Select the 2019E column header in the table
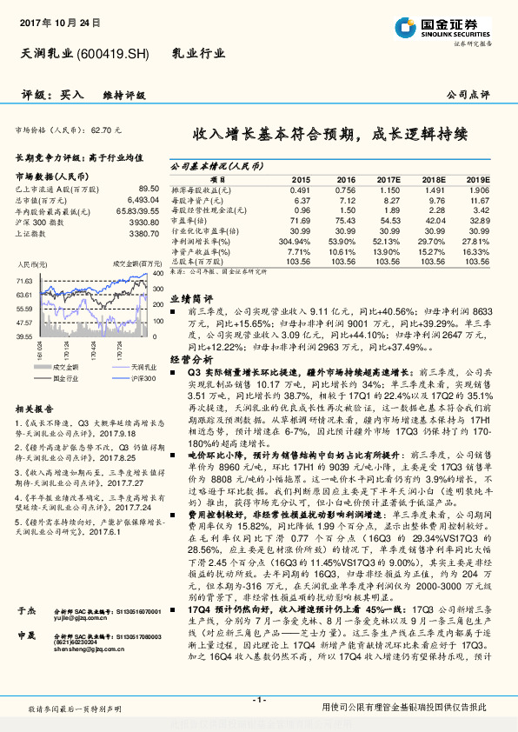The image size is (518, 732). [478, 178]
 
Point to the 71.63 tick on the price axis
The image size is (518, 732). [24, 281]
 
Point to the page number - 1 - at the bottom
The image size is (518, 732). [259, 700]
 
